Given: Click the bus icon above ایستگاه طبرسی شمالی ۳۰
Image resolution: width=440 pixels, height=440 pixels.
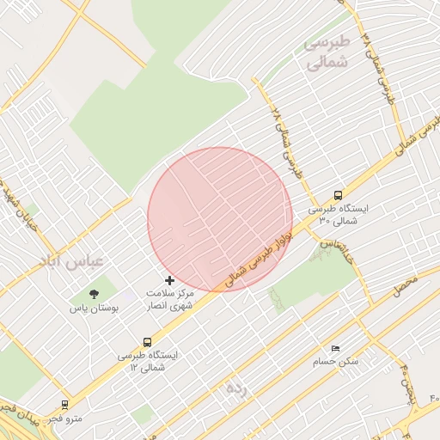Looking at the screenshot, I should click(x=338, y=195).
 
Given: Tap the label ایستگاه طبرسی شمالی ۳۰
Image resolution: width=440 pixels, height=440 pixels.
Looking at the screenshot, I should click(x=338, y=215).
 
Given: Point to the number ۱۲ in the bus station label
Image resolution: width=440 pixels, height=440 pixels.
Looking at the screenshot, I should click(x=134, y=368).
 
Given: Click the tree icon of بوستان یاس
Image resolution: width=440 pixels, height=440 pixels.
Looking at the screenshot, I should click(x=94, y=295).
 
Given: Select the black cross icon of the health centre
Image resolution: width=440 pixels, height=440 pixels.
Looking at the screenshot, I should click(x=169, y=280).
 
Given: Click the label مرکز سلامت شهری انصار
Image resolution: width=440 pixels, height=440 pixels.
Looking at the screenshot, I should click(x=170, y=299).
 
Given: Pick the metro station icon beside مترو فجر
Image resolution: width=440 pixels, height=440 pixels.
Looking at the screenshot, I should click(x=65, y=404).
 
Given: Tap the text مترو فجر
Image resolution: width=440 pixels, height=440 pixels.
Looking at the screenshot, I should click(x=66, y=419).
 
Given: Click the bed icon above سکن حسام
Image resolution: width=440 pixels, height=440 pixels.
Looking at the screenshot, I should click(x=335, y=348).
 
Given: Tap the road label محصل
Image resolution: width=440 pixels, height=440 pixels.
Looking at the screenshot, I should click(x=405, y=285).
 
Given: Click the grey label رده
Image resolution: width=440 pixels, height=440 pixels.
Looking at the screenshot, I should click(x=237, y=388).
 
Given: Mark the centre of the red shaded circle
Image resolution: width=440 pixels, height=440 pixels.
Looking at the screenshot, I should click(x=220, y=219).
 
